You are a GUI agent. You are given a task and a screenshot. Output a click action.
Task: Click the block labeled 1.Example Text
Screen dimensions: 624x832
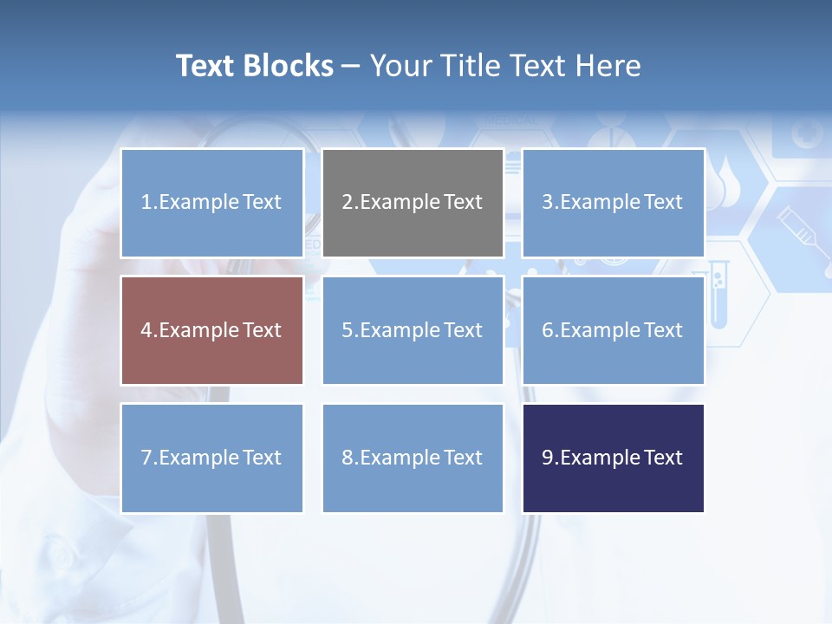click(x=212, y=203)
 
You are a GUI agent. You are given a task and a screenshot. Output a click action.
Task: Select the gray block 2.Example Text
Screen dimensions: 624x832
click(x=413, y=203)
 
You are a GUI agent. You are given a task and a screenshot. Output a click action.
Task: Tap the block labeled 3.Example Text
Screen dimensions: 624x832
click(x=613, y=203)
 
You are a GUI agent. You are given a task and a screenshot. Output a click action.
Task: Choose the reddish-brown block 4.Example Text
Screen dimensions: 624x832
click(x=212, y=330)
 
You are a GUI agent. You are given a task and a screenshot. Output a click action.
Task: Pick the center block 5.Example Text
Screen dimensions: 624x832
click(x=413, y=330)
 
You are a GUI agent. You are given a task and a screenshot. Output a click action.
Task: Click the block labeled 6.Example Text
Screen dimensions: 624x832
click(x=613, y=330)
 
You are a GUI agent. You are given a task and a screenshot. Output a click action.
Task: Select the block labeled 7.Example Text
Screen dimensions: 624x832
click(x=212, y=458)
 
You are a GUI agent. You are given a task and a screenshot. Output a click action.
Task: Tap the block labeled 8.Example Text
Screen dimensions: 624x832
click(x=413, y=458)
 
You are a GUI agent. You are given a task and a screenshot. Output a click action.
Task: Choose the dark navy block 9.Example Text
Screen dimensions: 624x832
click(x=613, y=458)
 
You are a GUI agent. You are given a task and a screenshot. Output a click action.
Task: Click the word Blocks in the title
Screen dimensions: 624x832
click(x=289, y=66)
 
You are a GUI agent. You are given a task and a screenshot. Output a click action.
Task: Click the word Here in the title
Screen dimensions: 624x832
click(x=609, y=66)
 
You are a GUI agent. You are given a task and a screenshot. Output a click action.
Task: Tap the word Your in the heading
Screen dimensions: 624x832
click(x=401, y=66)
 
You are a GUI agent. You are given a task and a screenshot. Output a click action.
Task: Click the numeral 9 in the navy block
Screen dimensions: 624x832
click(x=547, y=458)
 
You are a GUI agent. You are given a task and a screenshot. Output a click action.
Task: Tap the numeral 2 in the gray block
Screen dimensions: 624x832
click(x=347, y=203)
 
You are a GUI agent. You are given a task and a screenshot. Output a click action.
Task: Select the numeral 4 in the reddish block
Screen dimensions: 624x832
click(x=146, y=330)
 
